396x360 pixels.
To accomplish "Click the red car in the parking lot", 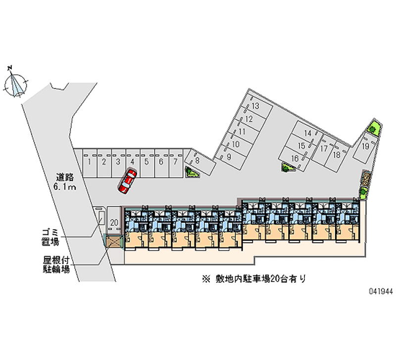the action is (x=127, y=181).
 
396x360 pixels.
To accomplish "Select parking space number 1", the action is (x=90, y=163).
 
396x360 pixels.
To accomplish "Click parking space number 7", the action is (x=176, y=163).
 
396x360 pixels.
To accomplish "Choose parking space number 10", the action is (x=237, y=145).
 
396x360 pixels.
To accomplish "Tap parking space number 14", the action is (x=307, y=133).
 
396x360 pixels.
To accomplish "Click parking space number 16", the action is (x=295, y=159).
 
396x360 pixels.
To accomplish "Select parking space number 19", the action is (x=365, y=147).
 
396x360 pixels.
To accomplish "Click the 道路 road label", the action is (x=65, y=177).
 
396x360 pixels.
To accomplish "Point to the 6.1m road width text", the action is (x=65, y=187).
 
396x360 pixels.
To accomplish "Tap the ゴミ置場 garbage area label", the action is (x=50, y=237).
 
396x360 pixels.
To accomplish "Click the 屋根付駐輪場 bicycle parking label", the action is (x=56, y=264).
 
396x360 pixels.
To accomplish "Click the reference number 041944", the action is (x=381, y=291).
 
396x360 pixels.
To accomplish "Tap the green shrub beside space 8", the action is (x=191, y=172).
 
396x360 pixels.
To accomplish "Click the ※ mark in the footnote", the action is (x=206, y=279).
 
